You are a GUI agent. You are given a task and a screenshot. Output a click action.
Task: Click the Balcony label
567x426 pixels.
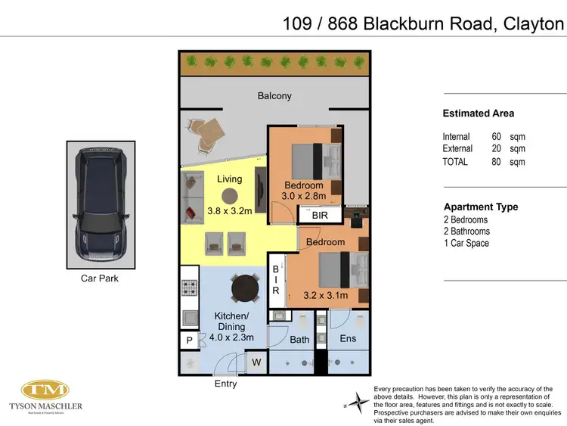274,96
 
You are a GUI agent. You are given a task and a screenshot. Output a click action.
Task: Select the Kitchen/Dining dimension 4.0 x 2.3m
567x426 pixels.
230,337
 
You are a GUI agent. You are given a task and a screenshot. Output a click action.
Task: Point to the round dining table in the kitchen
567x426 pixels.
245,287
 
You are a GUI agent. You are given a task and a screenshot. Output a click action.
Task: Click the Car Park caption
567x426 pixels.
99,278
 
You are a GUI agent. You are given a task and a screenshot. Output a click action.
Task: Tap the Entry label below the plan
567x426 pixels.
225,384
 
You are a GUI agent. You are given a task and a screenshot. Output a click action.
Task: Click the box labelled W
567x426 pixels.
256,362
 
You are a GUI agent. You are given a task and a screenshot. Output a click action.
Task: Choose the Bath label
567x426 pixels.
299,339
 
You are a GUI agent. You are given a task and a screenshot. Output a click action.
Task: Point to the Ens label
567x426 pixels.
347,338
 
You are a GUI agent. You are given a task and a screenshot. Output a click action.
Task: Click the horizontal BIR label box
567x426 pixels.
319,216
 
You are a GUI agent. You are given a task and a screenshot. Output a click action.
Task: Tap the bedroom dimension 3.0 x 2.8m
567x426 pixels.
304,197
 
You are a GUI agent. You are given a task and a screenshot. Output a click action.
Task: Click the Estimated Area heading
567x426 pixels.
478,113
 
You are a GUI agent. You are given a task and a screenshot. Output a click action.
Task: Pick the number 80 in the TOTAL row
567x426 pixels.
496,162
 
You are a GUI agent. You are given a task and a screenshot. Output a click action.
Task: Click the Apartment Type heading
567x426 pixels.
480,207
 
